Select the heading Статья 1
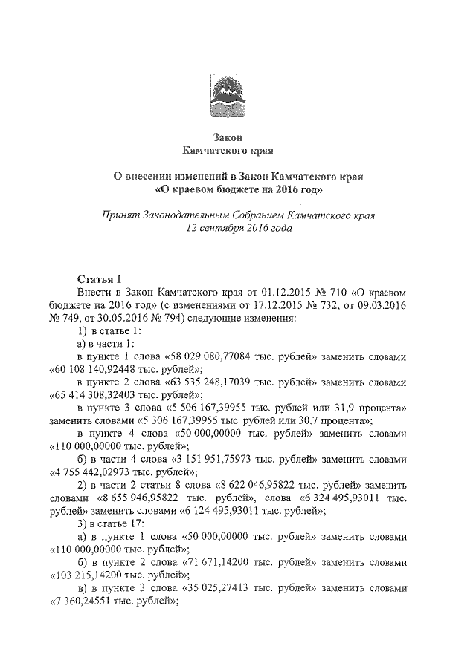point(99,279)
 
